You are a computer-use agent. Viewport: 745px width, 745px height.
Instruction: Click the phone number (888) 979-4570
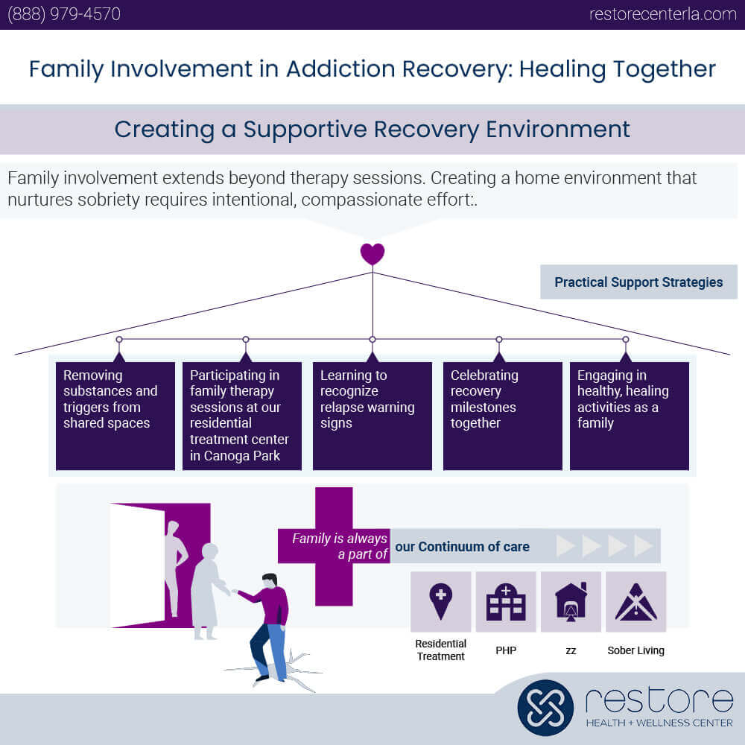coord(63,14)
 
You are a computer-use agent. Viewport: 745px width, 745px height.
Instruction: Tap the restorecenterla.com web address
coord(662,14)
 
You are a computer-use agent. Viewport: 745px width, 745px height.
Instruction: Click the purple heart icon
coord(372,254)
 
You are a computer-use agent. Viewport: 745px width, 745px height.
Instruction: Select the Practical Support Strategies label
coord(638,282)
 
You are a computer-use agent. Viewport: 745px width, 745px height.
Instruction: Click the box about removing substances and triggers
coord(115,416)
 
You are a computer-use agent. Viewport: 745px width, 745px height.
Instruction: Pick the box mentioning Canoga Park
coord(242,416)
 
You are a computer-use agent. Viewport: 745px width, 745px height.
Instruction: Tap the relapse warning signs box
coord(372,416)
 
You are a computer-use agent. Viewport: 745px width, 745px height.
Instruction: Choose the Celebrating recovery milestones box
coord(502,416)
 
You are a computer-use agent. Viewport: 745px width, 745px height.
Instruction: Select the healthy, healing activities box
coord(629,416)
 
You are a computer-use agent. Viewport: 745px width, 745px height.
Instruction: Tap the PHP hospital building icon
coord(506,601)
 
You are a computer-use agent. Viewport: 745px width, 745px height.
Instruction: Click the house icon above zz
coord(571,601)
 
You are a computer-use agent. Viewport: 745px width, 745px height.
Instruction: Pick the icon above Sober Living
coord(635,601)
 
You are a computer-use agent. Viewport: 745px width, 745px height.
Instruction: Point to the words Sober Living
coord(635,650)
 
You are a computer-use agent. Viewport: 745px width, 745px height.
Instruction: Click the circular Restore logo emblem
coord(545,707)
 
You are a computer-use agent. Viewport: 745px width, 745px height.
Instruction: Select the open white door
coord(137,565)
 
